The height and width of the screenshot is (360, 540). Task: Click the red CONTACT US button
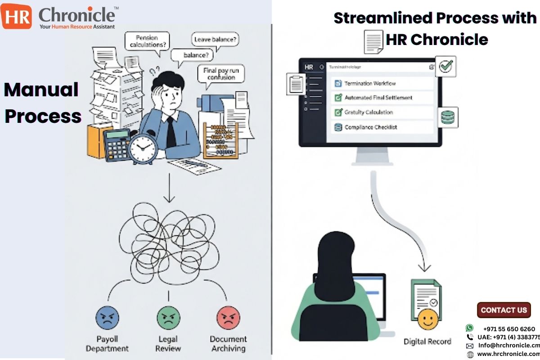(x=504, y=310)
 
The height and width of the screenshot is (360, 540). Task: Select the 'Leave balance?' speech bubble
(x=216, y=40)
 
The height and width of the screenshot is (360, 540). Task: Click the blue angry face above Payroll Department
(x=107, y=318)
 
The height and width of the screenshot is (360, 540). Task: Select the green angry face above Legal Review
(x=168, y=318)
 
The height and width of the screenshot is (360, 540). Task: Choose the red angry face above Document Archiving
(x=228, y=318)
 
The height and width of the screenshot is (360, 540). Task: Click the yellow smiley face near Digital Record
(x=427, y=319)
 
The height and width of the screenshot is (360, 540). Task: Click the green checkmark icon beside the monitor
(x=445, y=67)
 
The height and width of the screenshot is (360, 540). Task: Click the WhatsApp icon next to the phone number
(x=470, y=328)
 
